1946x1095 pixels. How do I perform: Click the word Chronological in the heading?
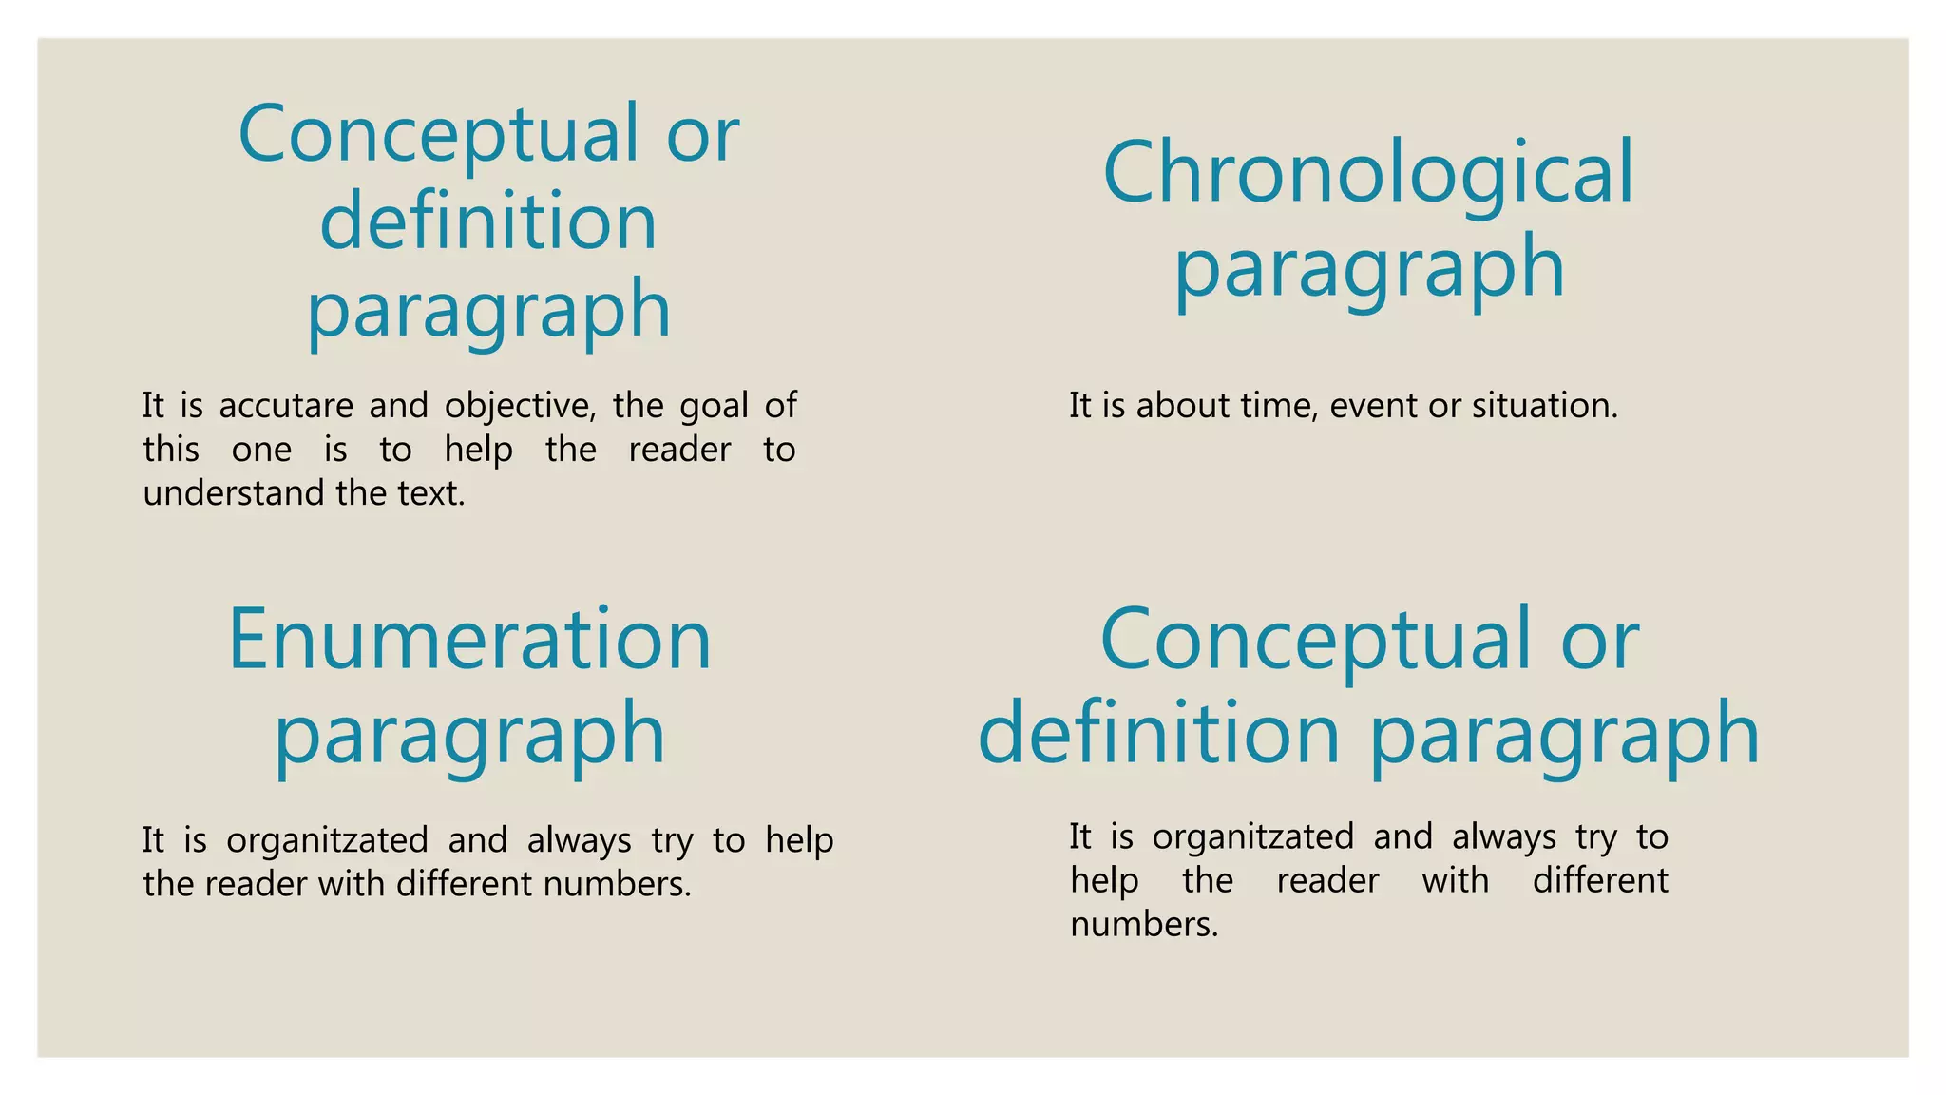(1368, 173)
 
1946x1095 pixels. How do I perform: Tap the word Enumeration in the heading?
(469, 640)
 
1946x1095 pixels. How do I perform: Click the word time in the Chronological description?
(1278, 406)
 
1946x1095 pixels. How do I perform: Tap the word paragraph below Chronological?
(1368, 269)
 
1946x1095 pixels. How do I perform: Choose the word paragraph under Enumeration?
(469, 735)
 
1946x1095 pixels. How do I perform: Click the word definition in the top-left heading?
(488, 221)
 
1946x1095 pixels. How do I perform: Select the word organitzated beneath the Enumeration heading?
(327, 840)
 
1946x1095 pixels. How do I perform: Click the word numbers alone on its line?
(1144, 924)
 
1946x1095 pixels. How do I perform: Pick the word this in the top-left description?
(171, 450)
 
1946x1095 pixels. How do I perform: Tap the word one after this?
(261, 450)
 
